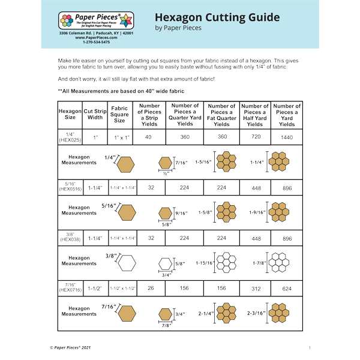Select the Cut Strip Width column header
(x=95, y=114)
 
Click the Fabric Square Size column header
(x=120, y=114)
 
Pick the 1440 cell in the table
(x=286, y=137)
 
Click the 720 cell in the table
(x=255, y=137)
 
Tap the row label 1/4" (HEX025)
(x=70, y=137)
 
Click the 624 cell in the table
(x=287, y=289)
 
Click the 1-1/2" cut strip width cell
(x=95, y=289)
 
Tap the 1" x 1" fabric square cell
(x=120, y=137)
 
